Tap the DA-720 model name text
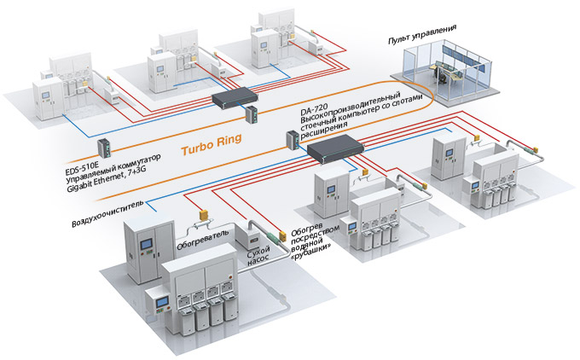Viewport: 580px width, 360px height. click(312, 110)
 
